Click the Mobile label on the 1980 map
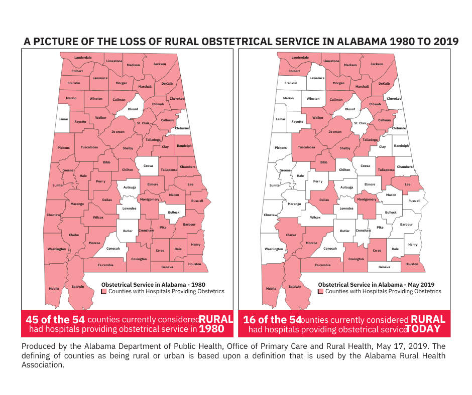point(54,288)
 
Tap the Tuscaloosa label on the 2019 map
point(306,147)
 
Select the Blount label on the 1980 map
point(133,109)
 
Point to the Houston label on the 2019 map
point(411,264)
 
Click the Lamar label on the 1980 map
point(63,119)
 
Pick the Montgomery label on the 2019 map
point(366,199)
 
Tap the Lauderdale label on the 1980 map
point(83,58)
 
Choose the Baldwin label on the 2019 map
point(295,287)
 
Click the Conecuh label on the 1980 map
point(113,248)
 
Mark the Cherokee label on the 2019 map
point(394,99)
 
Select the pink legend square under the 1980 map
point(103,291)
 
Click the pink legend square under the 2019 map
point(320,291)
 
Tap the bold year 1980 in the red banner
point(211,329)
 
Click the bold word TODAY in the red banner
point(422,329)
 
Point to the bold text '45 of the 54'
point(55,320)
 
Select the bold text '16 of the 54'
point(272,320)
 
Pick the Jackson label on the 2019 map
point(377,64)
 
